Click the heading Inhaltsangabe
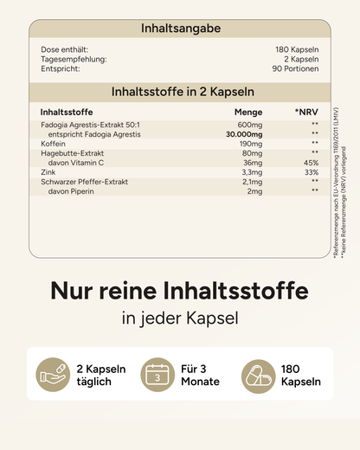pos(180,29)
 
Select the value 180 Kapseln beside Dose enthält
pos(294,49)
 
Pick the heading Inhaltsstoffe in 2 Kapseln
pos(180,92)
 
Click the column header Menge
pos(248,112)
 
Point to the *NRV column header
pos(306,112)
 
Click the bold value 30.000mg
pos(245,134)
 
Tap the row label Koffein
pos(54,144)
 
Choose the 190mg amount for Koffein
pos(252,144)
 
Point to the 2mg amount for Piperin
pos(254,191)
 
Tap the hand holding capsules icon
pos(54,375)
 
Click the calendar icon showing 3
pos(158,375)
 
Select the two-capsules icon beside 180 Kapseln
pos(258,375)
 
